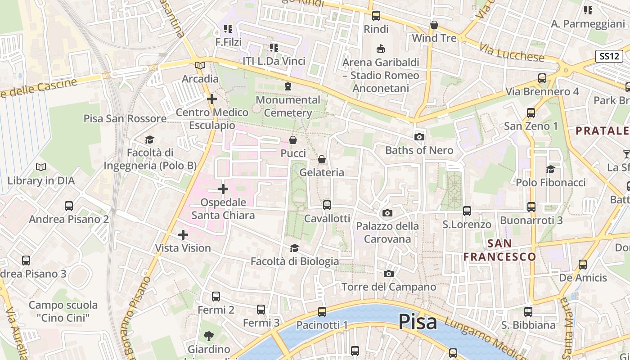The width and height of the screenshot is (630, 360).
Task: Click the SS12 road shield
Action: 609,56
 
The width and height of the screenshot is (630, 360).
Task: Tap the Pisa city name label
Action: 418,322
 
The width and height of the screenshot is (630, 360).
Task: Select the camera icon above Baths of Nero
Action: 419,137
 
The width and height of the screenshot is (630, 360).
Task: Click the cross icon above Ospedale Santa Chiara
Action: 223,189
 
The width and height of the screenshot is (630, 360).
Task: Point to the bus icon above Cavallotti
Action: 327,205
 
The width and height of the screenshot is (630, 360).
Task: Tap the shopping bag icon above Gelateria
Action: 322,159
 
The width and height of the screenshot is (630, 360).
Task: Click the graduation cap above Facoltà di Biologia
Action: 294,248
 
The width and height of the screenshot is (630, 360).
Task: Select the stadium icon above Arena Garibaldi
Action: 381,49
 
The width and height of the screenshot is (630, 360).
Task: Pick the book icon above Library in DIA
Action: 41,167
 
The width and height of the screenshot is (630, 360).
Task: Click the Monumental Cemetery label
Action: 288,106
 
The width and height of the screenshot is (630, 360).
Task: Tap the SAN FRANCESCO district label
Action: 500,250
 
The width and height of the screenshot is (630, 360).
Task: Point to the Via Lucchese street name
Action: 512,53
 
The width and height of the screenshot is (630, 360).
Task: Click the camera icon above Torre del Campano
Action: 389,274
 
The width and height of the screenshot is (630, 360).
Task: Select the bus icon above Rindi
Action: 376,16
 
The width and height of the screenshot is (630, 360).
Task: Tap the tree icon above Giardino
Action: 208,336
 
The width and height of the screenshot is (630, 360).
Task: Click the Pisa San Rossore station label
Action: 125,118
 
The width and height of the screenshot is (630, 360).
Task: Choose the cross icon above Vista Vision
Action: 183,234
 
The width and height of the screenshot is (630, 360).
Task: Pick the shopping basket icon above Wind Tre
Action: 434,25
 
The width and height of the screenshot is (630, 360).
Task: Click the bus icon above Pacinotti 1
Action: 322,311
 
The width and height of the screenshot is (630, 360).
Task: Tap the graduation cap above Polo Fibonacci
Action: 550,169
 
